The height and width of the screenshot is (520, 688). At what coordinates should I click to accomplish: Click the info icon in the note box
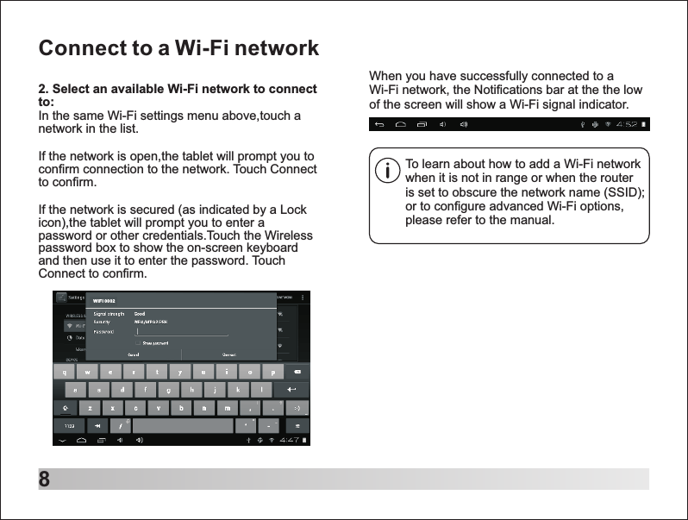click(x=389, y=171)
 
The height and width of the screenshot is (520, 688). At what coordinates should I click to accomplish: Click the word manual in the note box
click(x=531, y=221)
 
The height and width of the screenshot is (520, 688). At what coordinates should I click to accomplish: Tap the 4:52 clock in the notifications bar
click(x=626, y=125)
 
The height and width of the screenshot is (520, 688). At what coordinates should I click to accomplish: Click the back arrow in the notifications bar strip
click(x=379, y=125)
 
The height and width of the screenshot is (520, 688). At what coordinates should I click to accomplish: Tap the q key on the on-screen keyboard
click(x=63, y=373)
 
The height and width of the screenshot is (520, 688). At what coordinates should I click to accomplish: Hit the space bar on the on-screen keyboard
click(x=184, y=426)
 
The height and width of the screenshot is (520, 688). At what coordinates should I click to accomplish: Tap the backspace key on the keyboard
click(x=297, y=373)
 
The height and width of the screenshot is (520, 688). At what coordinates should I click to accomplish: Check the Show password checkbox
click(x=138, y=342)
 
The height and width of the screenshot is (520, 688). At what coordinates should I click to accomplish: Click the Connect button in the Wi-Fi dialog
click(x=229, y=354)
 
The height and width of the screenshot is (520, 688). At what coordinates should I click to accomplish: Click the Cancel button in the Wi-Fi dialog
click(x=134, y=354)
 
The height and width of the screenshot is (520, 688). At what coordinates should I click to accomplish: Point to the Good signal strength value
click(x=139, y=313)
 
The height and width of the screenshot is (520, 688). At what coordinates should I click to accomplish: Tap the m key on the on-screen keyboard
click(x=228, y=407)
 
